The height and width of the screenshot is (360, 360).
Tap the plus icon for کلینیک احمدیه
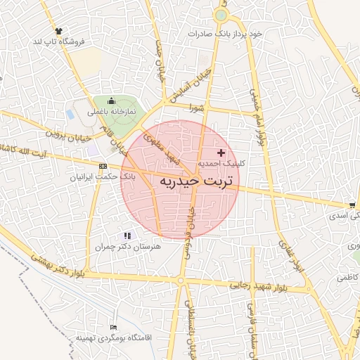pos(221,153)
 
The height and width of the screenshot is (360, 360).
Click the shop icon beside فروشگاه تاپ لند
pos(58,31)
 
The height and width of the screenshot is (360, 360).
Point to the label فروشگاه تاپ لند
pos(58,41)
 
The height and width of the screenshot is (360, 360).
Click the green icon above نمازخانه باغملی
pos(110,101)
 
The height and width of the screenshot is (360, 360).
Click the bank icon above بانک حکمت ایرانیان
pos(103,167)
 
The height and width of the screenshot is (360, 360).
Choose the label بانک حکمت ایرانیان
pos(104,177)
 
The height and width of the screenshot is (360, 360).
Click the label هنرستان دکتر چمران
pos(127,247)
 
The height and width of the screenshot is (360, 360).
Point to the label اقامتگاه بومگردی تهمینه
pos(114,338)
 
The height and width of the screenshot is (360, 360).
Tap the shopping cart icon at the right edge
pos(352,205)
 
